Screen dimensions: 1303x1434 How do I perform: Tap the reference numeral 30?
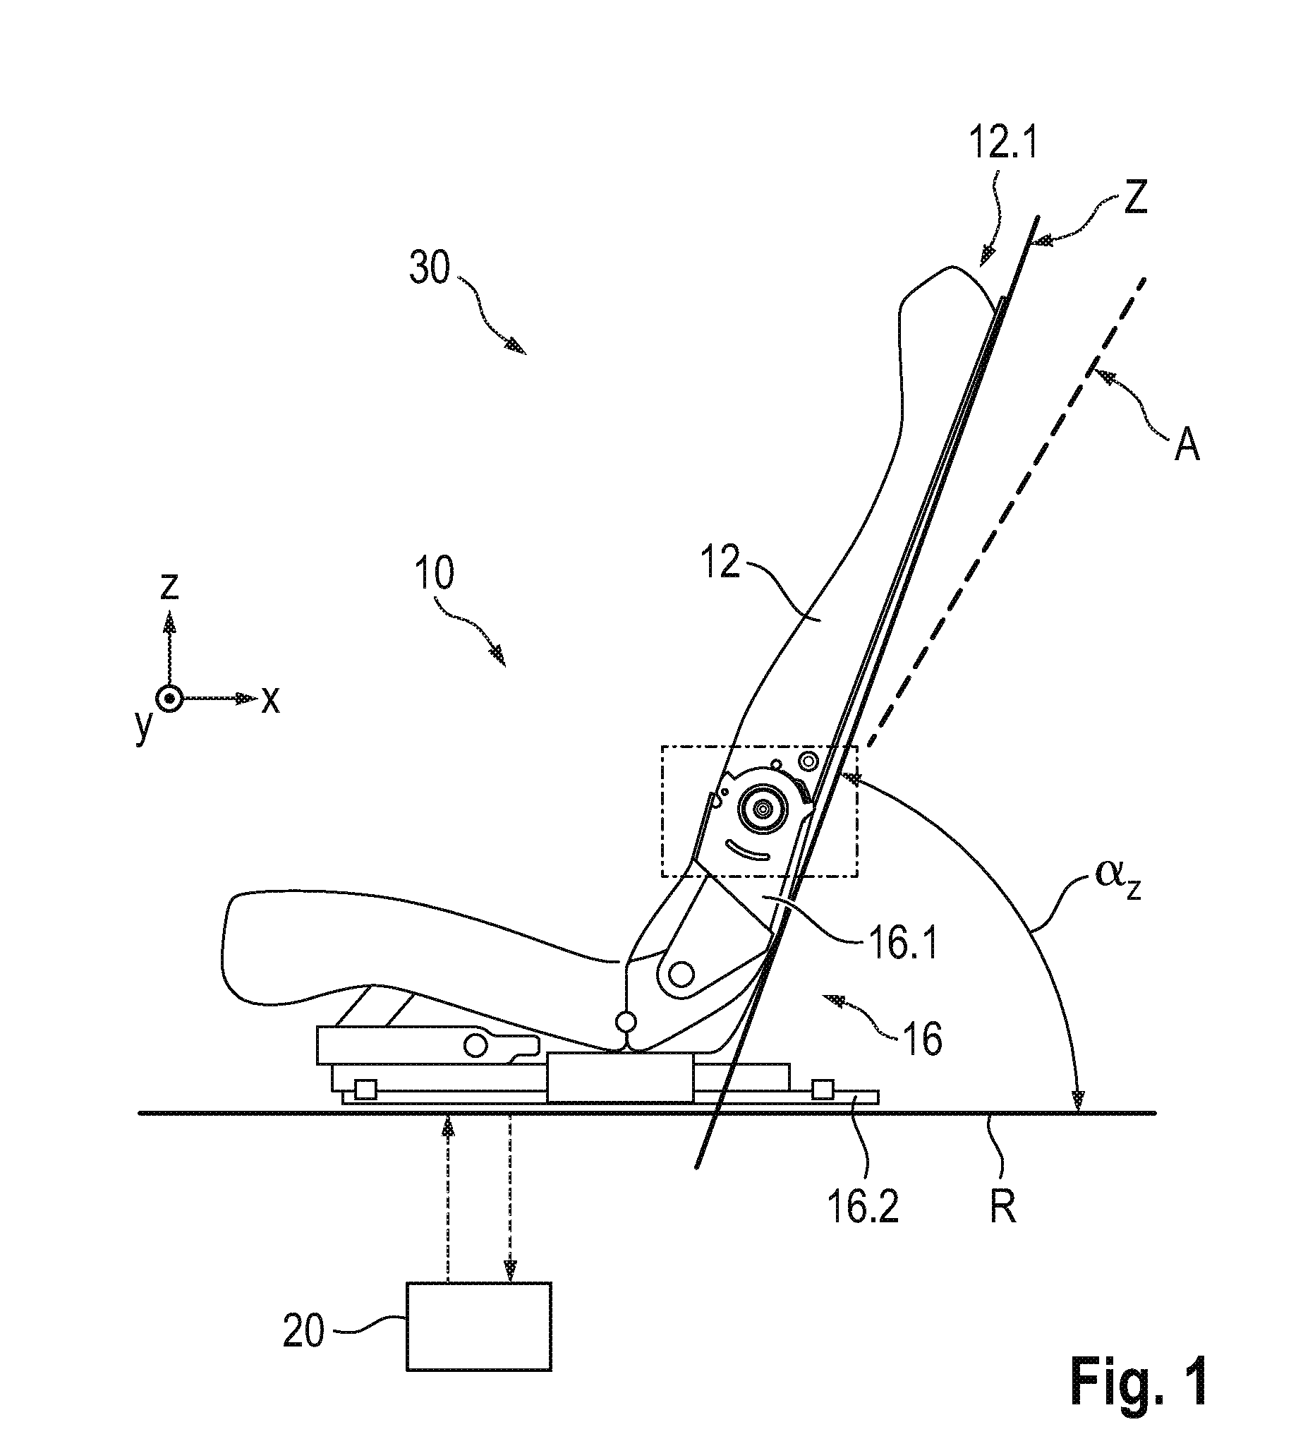(x=430, y=270)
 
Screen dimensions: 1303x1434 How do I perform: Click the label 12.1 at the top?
(x=1004, y=144)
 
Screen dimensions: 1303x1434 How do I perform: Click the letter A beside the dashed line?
(x=1187, y=446)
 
